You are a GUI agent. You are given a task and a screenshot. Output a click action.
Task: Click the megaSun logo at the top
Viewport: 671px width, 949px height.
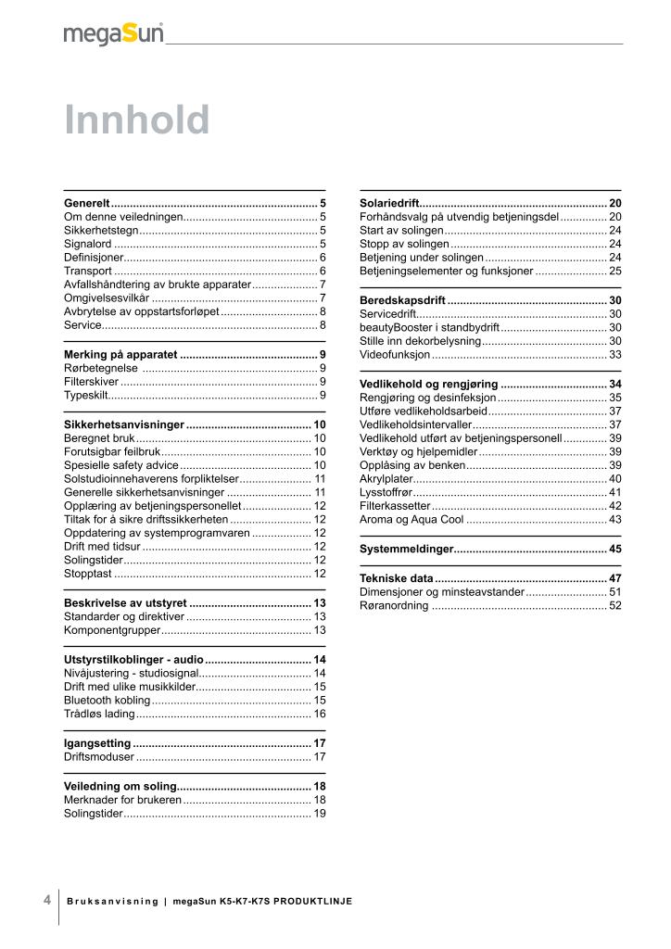tap(113, 34)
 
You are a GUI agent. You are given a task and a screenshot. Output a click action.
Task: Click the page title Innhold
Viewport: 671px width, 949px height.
tap(137, 120)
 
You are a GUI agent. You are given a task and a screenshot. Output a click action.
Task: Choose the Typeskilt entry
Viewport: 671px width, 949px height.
tap(84, 395)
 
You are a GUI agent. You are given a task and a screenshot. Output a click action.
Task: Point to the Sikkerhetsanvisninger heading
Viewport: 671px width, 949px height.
tap(124, 424)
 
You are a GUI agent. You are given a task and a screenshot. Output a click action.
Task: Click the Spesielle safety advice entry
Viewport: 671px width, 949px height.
tap(120, 465)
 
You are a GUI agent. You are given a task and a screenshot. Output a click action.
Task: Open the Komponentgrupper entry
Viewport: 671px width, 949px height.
tap(112, 630)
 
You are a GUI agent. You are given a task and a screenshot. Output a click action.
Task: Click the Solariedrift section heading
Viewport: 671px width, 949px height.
tap(389, 202)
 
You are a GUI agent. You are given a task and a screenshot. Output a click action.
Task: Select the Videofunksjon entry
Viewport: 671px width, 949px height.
tap(395, 355)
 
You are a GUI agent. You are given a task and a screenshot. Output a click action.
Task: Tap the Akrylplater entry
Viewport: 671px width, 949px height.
tap(386, 478)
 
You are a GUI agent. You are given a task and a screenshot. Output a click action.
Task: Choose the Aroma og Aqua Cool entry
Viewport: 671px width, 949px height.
tap(411, 520)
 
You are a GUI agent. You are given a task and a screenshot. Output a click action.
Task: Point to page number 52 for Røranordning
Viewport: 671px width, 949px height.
tap(615, 605)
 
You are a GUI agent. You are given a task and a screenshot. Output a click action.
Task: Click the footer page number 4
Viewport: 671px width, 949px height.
tap(46, 900)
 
